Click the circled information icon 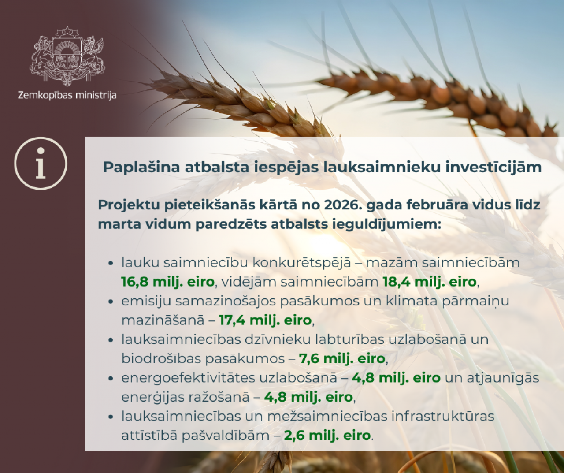[x=41, y=164]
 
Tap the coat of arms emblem [x=67, y=56]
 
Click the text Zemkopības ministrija [x=67, y=95]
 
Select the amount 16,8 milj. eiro [x=168, y=282]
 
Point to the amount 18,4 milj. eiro [x=430, y=282]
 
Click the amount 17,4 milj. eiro [x=265, y=320]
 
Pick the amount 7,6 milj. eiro [x=342, y=358]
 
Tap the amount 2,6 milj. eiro [x=327, y=436]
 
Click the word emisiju [x=146, y=301]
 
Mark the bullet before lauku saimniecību [x=111, y=263]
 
